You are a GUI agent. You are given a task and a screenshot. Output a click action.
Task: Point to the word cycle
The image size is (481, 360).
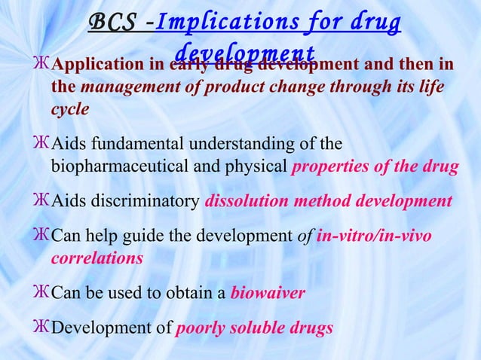(x=70, y=108)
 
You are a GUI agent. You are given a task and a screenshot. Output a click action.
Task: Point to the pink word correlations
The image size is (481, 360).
(x=97, y=258)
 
